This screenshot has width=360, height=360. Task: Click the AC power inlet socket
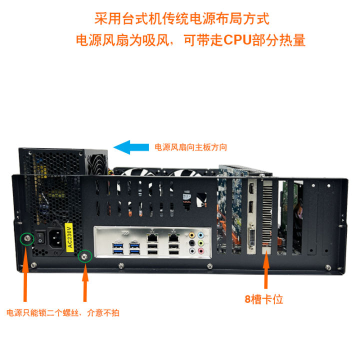click(56, 239)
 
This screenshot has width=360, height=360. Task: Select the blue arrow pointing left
click(131, 146)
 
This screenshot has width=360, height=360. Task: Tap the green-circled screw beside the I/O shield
click(85, 255)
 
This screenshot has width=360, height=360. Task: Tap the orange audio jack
click(192, 234)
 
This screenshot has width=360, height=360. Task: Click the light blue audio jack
click(201, 234)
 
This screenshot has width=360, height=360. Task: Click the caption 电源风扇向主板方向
click(190, 147)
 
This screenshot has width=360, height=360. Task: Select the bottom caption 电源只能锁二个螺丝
click(45, 313)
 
